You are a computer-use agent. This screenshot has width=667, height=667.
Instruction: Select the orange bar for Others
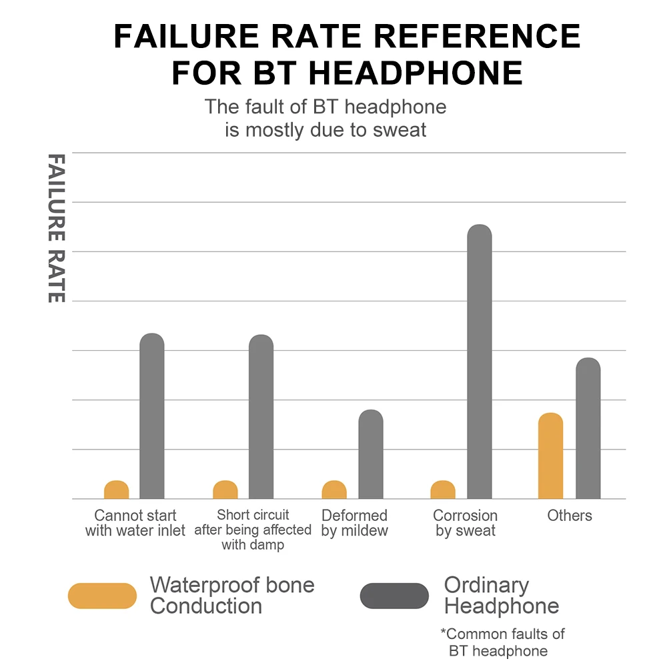tap(550, 456)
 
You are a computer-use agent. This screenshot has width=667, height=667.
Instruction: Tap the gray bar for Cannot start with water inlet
tap(152, 416)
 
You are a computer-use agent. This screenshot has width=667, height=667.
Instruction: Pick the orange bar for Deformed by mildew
tap(334, 490)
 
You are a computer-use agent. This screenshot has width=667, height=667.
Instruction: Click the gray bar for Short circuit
tap(261, 417)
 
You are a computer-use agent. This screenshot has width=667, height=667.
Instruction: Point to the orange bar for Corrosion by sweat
tap(443, 490)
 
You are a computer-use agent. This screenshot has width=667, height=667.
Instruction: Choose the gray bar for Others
tap(588, 428)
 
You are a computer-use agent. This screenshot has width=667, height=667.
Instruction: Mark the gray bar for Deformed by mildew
tap(371, 454)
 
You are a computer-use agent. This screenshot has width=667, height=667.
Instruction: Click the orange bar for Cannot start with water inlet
tap(117, 490)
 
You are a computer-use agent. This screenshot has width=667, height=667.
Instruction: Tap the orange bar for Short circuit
tap(225, 490)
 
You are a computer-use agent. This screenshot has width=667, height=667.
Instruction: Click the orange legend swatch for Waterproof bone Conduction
tap(102, 596)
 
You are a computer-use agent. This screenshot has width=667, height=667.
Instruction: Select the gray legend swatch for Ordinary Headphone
tap(394, 596)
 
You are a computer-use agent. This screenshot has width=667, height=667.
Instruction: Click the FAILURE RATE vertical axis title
tap(57, 228)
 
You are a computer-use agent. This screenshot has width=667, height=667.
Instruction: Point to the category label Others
tap(570, 516)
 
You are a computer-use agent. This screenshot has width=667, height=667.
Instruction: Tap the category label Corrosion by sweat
tap(466, 524)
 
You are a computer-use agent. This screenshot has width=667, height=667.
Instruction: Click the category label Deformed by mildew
tap(354, 524)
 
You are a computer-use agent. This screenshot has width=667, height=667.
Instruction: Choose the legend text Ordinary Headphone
tap(502, 596)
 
